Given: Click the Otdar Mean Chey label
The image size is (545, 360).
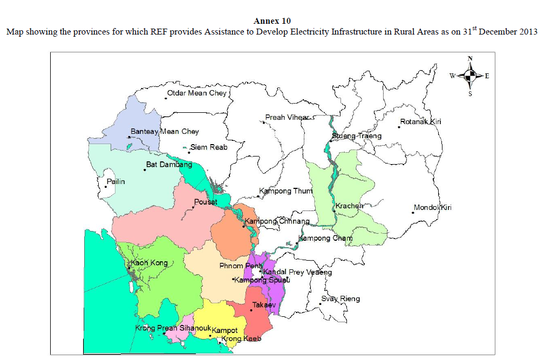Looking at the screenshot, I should (197, 93).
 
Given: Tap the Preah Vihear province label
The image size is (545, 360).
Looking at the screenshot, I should (287, 118).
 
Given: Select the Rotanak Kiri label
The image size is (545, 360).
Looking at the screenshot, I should (421, 122).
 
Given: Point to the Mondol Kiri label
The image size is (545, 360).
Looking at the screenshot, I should (433, 208).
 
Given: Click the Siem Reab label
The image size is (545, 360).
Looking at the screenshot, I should (209, 147).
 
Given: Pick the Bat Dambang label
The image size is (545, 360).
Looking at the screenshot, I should (169, 164).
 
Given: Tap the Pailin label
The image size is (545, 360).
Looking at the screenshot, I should (115, 182).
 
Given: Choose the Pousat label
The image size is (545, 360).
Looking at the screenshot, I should (205, 202).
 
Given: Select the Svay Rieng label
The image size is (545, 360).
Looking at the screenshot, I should (340, 299).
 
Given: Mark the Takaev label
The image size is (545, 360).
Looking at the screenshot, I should (264, 305).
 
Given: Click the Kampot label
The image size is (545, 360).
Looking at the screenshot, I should (225, 330).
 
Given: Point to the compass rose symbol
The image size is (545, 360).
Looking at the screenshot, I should (470, 76).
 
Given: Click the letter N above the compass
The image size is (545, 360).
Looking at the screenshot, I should (470, 59).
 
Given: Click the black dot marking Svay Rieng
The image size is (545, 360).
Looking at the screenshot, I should (320, 304).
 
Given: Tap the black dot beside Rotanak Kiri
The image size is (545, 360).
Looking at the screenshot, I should (399, 127).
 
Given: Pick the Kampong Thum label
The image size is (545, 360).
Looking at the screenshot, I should (283, 191).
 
